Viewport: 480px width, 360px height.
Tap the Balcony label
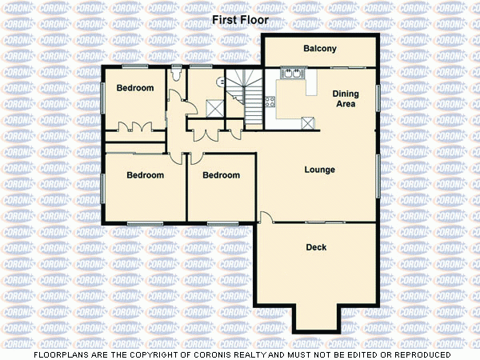[319, 50]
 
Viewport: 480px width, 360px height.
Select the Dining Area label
[346, 98]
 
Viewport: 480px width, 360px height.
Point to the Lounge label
[319, 170]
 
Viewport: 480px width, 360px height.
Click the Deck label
[316, 247]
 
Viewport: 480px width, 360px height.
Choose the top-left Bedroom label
[134, 88]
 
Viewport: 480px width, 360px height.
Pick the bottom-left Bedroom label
[145, 175]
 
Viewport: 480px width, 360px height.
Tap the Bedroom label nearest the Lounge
[221, 175]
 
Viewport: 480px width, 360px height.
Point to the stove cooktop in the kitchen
[270, 102]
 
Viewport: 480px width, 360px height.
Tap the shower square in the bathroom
[214, 106]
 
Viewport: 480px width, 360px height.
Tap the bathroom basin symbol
[219, 81]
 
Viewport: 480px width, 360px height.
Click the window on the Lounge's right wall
[378, 172]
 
